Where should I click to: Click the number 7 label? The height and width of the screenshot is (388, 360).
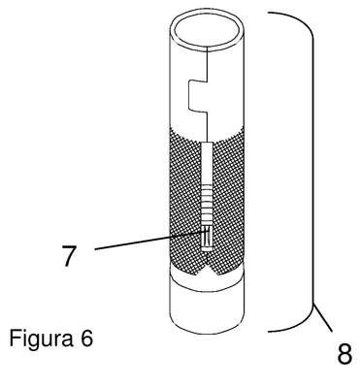[x=69, y=255]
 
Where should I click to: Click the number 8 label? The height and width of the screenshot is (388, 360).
[x=344, y=353]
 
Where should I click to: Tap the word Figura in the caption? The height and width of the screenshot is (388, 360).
[x=42, y=339]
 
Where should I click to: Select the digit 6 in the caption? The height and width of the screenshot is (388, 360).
[x=85, y=338]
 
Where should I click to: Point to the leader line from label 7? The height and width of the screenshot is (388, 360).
[x=150, y=241]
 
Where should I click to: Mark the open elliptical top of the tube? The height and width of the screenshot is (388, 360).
[x=207, y=30]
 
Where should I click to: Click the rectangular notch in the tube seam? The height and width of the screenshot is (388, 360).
[x=198, y=96]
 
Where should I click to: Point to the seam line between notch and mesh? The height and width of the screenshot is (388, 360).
[x=207, y=128]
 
